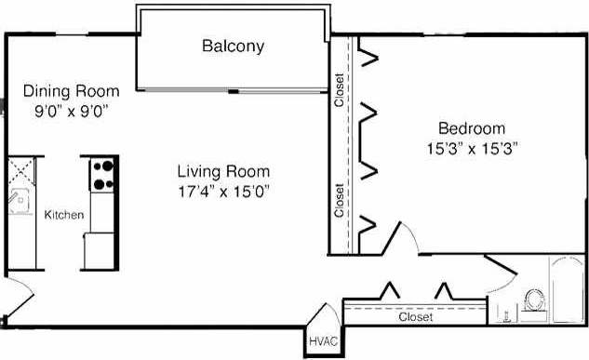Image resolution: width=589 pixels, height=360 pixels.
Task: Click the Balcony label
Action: (x=233, y=46)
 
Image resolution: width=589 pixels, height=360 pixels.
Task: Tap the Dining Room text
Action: (x=72, y=91)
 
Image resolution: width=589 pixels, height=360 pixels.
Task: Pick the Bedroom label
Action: (x=472, y=128)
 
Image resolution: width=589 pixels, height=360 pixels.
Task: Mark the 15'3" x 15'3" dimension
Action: (x=472, y=147)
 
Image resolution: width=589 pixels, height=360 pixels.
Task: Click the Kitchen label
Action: (x=64, y=215)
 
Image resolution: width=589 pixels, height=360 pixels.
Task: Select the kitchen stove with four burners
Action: (x=101, y=174)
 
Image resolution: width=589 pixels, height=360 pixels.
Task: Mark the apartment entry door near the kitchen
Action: (x=13, y=303)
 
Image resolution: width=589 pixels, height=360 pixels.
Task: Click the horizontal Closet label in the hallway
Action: (x=414, y=317)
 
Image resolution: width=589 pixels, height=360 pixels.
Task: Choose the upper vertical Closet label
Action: (x=341, y=89)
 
